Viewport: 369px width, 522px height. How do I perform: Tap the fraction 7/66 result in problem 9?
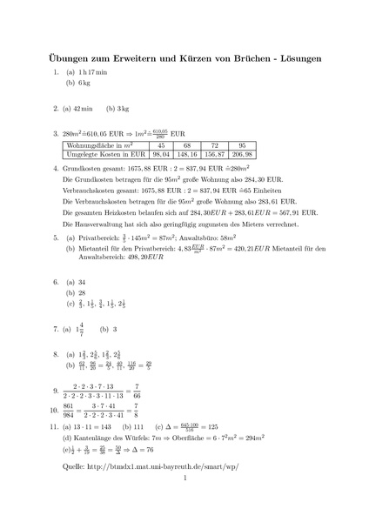pos(172,391)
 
